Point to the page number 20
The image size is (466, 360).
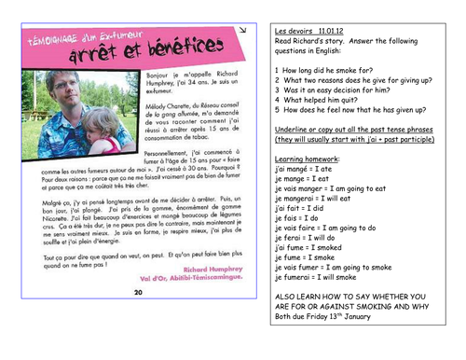(x=138, y=292)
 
